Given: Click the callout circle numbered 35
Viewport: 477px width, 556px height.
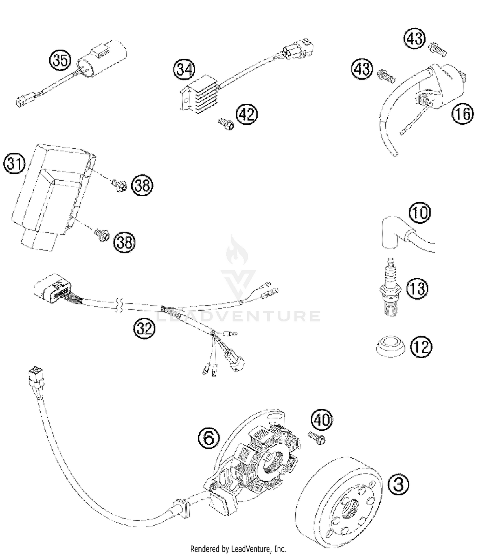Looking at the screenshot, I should (60, 60).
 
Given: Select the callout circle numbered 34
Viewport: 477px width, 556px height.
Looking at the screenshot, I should (184, 69).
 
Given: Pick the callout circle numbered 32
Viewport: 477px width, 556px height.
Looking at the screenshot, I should (144, 328).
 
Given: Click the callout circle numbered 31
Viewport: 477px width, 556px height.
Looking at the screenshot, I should (14, 164).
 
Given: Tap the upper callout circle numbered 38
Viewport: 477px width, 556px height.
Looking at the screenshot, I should (142, 185).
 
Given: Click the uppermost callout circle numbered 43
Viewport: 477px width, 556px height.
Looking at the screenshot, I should (415, 38).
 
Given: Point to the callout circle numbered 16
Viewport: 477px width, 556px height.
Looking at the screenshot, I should (462, 113).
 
